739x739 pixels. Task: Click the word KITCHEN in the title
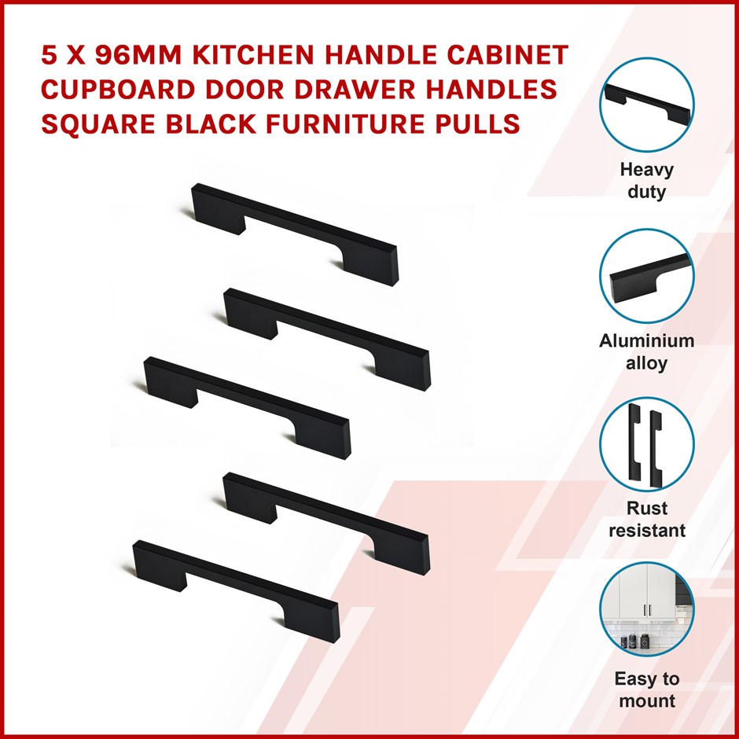[x=254, y=55]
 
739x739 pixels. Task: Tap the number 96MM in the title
[x=138, y=55]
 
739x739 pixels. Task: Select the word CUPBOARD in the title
[x=118, y=90]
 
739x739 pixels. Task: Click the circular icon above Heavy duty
[x=646, y=105]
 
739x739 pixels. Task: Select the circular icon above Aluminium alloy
[x=646, y=276]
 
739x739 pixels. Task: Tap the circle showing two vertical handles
[x=646, y=444]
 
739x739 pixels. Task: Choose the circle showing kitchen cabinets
[x=646, y=609]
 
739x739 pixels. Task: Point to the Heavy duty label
[x=646, y=181]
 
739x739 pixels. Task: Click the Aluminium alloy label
[x=646, y=351]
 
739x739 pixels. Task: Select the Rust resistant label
[x=646, y=519]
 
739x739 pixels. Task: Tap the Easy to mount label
[x=646, y=689]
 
